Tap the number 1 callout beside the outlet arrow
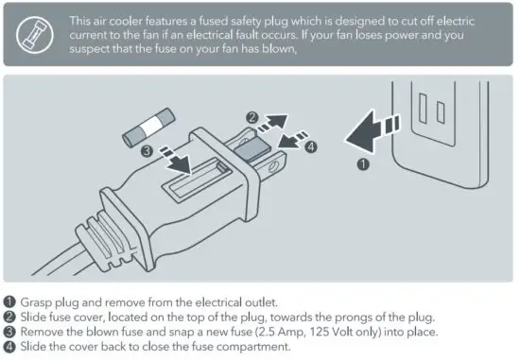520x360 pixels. coord(361,164)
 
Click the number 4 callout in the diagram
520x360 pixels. coord(313,146)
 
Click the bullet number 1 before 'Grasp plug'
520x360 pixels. coord(9,303)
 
